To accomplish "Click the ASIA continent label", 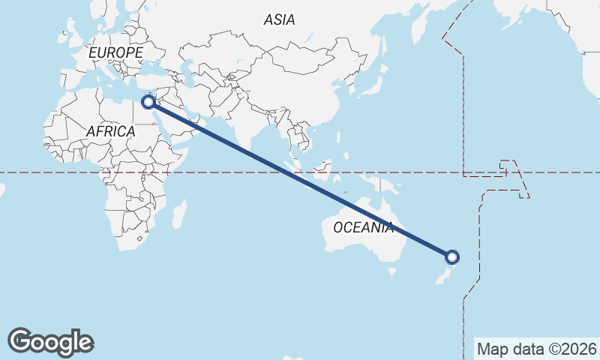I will point(279,20).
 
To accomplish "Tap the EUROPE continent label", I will point(115,53).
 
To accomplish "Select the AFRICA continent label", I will point(110,131).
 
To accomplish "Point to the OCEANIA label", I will point(363,227).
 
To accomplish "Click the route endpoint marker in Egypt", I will point(148,101).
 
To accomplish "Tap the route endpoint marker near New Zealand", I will point(452,257).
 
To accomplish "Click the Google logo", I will point(50,342).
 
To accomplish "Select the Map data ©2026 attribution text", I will point(536,349).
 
